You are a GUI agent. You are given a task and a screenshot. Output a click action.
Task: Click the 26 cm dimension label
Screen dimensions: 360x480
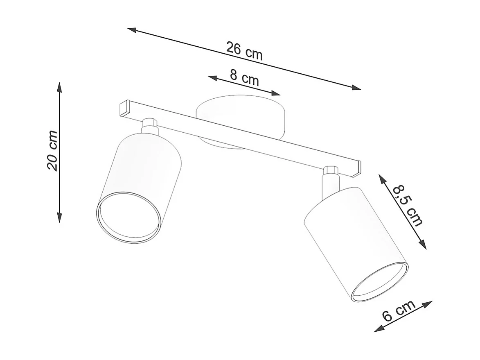244,51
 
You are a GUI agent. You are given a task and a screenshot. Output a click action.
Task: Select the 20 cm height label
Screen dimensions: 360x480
52,150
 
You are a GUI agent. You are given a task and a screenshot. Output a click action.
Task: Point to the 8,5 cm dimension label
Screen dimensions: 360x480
408,206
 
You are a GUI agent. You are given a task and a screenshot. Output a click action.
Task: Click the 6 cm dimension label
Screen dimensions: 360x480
399,310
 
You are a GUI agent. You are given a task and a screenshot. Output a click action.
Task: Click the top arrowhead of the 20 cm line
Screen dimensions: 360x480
59,86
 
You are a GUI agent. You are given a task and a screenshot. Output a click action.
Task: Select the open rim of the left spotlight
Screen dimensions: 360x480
127,217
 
